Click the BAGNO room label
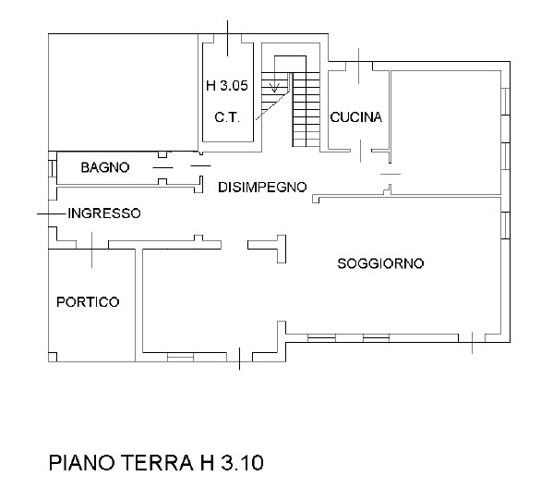click(103, 167)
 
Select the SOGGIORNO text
click(379, 263)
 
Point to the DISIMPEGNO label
click(261, 188)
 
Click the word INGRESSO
click(103, 213)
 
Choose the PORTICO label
click(88, 301)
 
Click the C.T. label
click(227, 116)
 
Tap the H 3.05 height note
click(226, 87)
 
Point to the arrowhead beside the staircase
click(273, 89)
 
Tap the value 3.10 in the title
click(242, 462)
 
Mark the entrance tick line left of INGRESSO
click(52, 213)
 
